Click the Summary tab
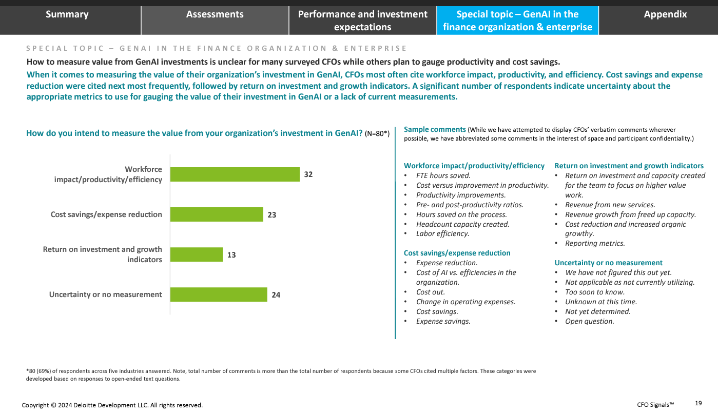[67, 14]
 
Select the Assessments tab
[215, 14]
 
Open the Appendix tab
[665, 14]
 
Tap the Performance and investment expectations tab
[362, 21]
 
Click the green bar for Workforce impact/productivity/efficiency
[235, 174]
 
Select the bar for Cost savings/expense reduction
[217, 214]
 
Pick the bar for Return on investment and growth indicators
[196, 254]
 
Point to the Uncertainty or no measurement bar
[219, 294]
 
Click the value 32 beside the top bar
[308, 174]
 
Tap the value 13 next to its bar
[231, 254]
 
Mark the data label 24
[276, 295]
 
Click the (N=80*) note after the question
[377, 134]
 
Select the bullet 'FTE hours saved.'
[443, 175]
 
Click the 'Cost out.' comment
[430, 292]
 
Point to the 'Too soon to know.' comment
[594, 292]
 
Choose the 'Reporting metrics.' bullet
[595, 244]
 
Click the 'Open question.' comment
[589, 321]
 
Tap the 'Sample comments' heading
[435, 129]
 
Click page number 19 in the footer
[698, 403]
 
